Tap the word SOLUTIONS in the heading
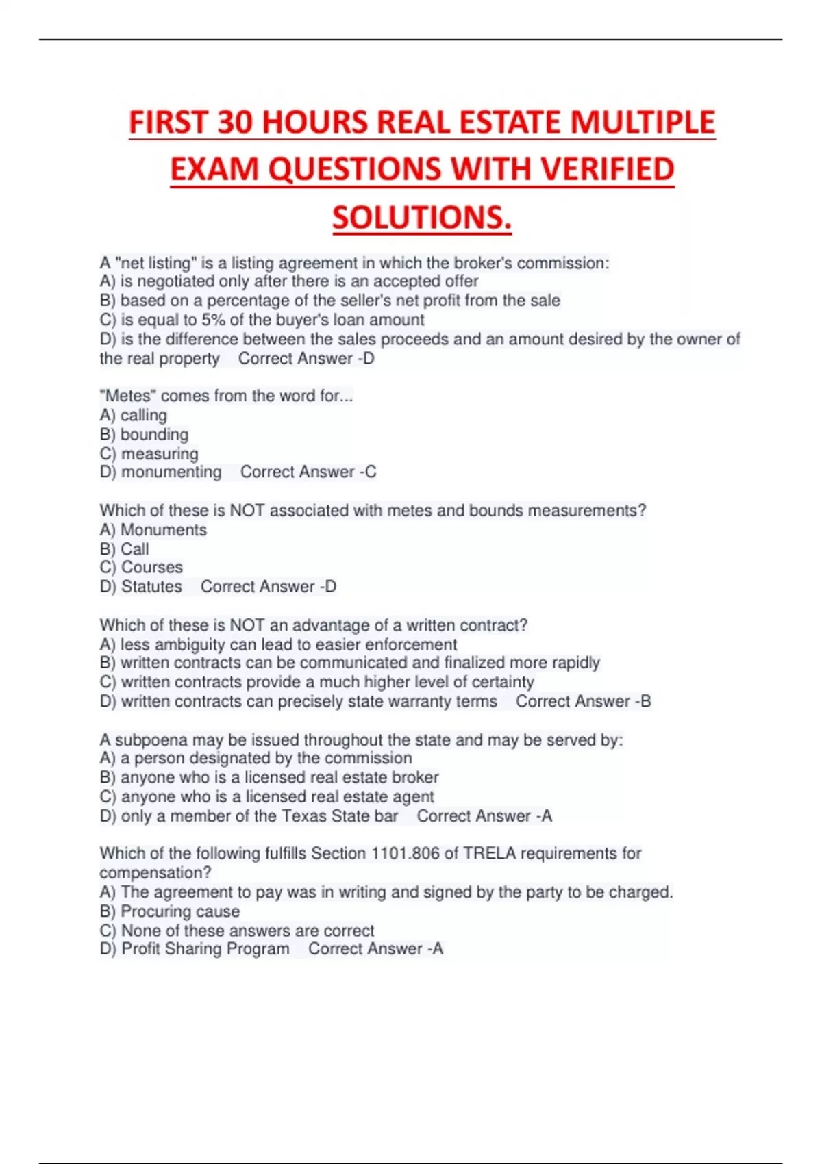click(421, 218)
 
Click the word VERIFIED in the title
click(603, 170)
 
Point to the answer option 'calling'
click(143, 416)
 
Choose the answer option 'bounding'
click(154, 435)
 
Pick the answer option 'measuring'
click(160, 454)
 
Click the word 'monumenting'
click(171, 472)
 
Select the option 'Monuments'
click(163, 530)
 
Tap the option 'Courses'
click(151, 568)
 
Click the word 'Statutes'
click(151, 587)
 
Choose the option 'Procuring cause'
click(180, 911)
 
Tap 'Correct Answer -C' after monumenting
click(308, 472)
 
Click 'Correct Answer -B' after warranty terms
click(584, 702)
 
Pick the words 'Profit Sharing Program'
click(206, 949)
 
